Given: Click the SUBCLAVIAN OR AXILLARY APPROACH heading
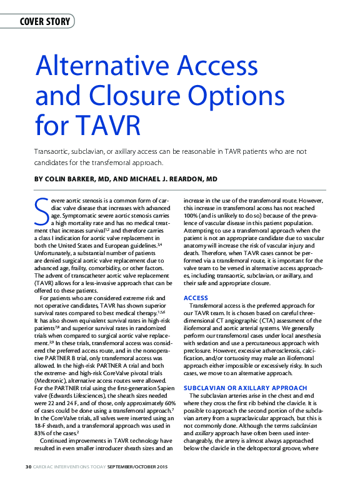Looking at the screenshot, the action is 237,387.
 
